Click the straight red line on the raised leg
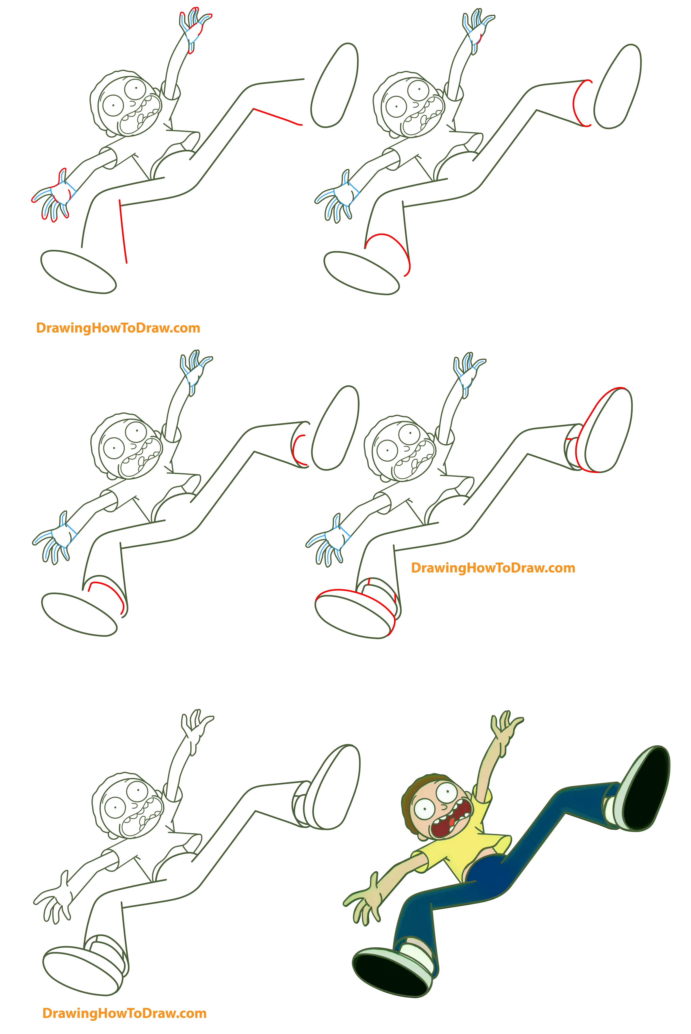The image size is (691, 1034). [278, 117]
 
